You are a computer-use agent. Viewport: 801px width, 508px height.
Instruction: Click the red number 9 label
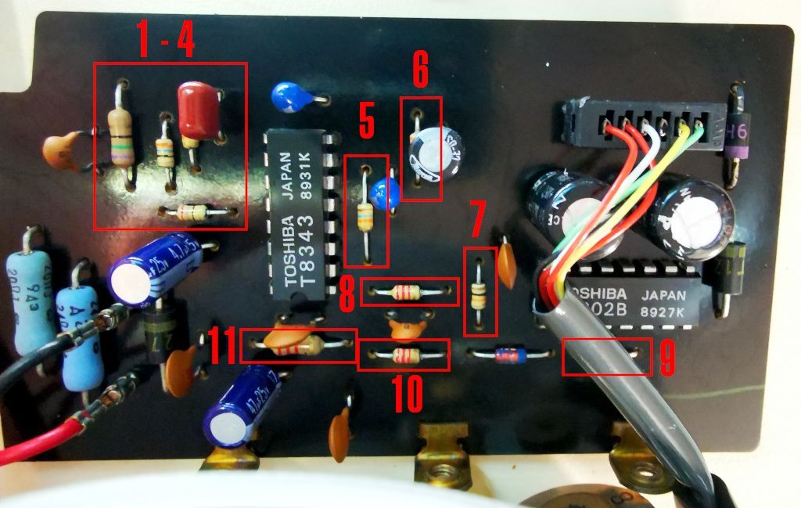pos(667,358)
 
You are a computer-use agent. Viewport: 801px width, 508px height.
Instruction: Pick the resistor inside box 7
pos(479,296)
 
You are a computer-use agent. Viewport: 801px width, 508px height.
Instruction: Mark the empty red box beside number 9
pos(606,358)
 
